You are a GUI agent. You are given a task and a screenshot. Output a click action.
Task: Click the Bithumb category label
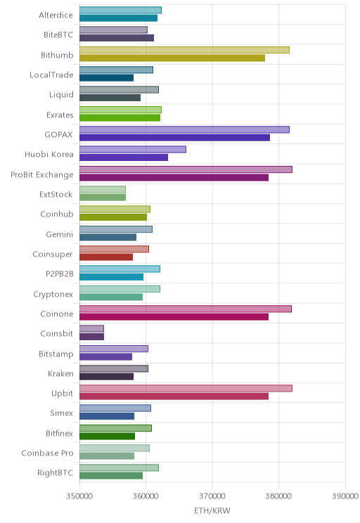click(57, 55)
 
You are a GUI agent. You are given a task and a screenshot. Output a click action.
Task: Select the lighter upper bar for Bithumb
click(184, 50)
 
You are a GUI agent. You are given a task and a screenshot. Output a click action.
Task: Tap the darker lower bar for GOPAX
click(174, 138)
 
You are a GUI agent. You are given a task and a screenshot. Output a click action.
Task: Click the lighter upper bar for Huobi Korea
click(133, 150)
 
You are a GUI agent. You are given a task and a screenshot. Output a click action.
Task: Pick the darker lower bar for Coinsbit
click(91, 337)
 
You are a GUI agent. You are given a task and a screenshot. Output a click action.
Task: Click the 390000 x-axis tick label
click(345, 496)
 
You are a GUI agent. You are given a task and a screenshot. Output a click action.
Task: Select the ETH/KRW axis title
click(212, 510)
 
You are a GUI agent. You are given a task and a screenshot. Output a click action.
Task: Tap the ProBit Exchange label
click(41, 175)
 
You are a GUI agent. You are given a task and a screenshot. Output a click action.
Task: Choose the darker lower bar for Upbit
click(174, 396)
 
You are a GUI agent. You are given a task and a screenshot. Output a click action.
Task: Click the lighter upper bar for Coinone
click(186, 309)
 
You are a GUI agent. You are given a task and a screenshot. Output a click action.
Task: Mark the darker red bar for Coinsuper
click(106, 257)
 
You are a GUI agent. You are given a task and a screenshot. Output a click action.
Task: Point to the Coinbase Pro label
click(47, 453)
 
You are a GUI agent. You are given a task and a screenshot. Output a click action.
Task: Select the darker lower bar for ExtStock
click(103, 198)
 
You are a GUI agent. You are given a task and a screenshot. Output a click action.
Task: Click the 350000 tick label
click(79, 496)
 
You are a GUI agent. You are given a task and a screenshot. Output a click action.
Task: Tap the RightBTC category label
click(55, 473)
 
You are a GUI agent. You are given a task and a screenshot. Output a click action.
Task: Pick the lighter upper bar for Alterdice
click(120, 10)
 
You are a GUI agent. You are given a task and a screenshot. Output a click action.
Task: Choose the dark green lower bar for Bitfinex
click(107, 437)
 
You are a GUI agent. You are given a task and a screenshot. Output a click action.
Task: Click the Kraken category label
click(60, 373)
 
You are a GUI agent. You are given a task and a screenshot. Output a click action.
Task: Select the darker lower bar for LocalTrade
click(106, 78)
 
